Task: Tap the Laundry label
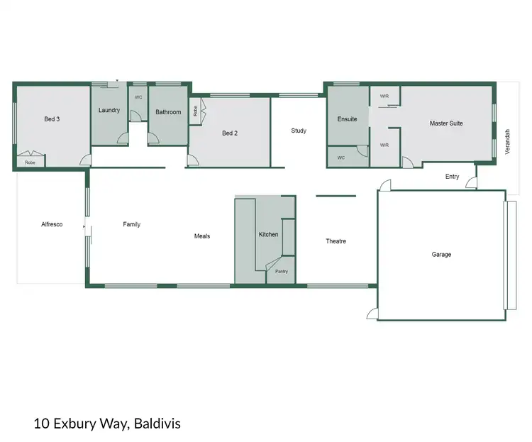109,110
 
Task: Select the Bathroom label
168,112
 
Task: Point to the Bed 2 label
229,133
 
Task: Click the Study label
299,131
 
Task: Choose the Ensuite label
347,118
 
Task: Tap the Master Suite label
446,123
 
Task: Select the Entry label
452,177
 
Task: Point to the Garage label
441,254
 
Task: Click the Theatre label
336,241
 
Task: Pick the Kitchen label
268,234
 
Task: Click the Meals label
202,236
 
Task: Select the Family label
131,224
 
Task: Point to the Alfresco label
52,224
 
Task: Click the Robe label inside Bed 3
30,162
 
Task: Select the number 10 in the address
40,424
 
